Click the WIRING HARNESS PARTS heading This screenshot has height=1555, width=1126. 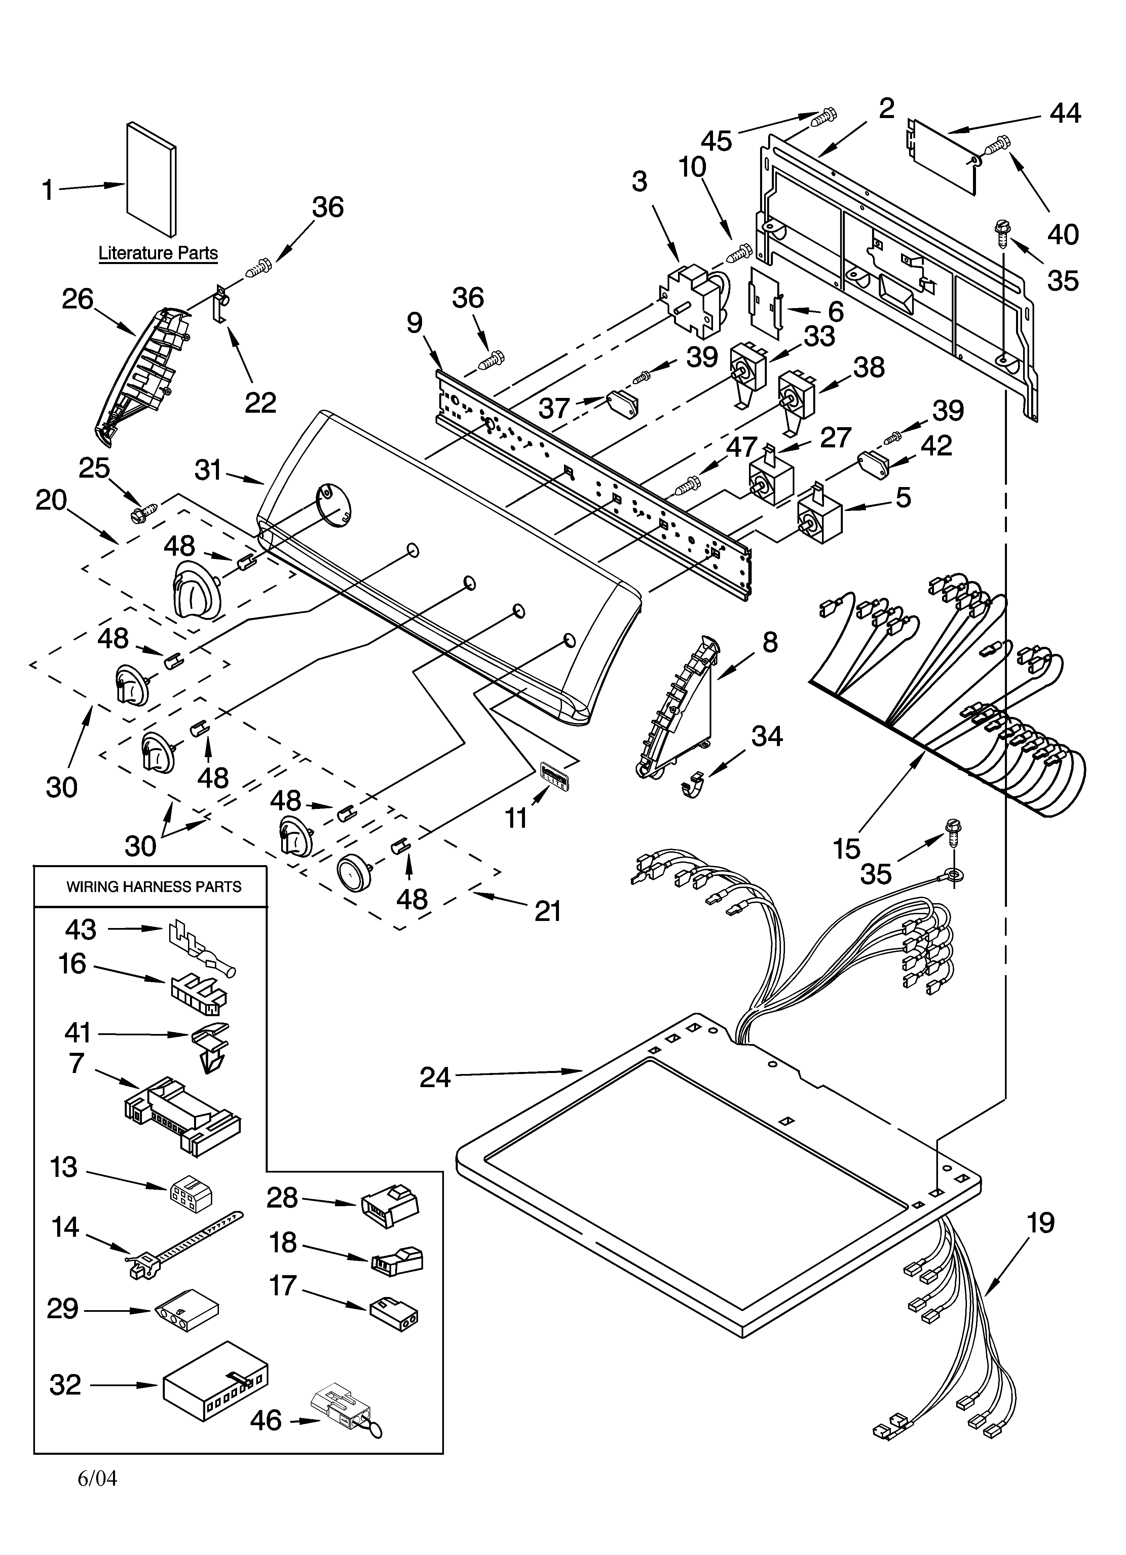point(154,887)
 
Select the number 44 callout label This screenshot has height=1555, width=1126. point(1065,113)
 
